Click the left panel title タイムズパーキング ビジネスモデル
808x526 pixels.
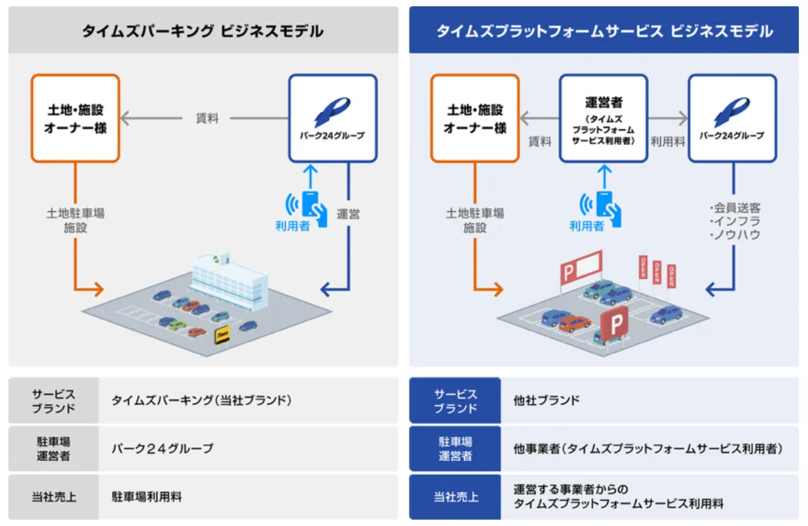click(203, 31)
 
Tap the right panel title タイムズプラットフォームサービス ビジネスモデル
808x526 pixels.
click(604, 31)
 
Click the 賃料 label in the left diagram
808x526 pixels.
click(207, 119)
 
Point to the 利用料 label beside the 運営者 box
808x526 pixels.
click(668, 141)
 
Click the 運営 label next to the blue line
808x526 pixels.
click(348, 214)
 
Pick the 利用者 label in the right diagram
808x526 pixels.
click(586, 226)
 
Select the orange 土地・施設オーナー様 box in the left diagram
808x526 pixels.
click(75, 119)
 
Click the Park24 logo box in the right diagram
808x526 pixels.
click(732, 119)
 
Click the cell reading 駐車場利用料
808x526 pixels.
click(147, 497)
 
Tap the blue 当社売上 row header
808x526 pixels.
click(455, 497)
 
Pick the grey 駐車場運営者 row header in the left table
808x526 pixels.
click(54, 448)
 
